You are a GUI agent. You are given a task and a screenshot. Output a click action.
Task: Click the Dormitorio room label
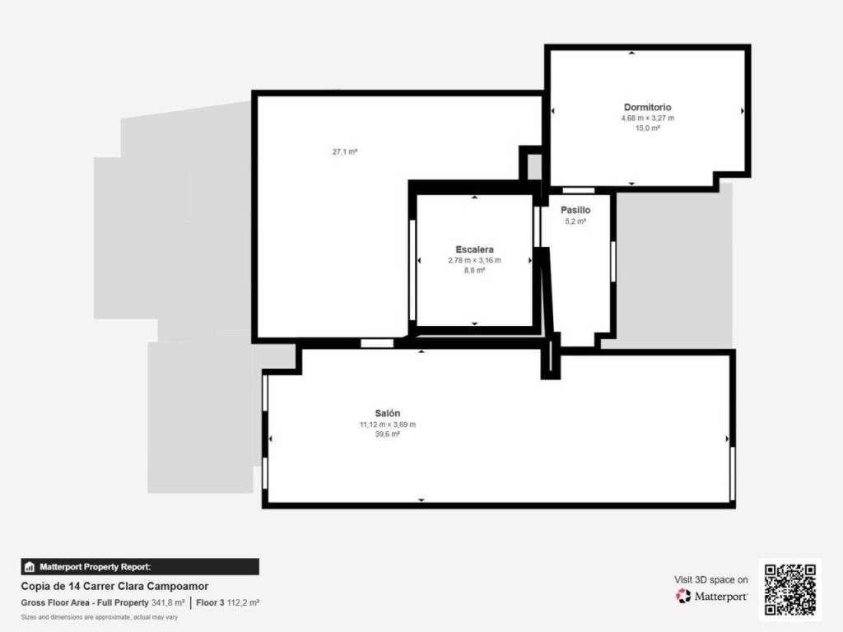point(647,108)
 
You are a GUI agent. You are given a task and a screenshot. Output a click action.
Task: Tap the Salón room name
point(388,413)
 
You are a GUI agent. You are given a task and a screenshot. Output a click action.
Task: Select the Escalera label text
point(475,249)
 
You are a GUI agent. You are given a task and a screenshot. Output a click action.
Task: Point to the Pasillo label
point(575,210)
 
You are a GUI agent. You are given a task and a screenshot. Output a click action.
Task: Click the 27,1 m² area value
point(345,152)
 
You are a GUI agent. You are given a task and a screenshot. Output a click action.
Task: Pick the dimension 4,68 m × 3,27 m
point(647,118)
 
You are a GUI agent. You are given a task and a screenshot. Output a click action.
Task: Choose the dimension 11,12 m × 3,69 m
point(388,425)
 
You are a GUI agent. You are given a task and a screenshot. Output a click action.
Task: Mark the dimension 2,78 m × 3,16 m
point(475,261)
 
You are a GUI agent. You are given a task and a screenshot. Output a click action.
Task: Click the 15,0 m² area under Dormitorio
point(647,128)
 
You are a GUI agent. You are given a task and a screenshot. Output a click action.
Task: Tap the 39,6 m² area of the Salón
point(388,434)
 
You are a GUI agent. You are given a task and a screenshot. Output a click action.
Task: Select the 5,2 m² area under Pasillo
point(575,221)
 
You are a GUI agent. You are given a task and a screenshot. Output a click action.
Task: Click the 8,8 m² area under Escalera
point(475,270)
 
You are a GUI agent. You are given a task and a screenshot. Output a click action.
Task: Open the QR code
point(789,589)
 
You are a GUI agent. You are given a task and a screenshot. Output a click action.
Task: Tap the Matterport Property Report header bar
point(140,567)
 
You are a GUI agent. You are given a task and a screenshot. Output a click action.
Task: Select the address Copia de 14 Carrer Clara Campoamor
point(114,586)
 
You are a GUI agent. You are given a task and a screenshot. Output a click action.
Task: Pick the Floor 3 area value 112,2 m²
point(243,603)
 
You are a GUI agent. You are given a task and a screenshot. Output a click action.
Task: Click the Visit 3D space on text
point(710,580)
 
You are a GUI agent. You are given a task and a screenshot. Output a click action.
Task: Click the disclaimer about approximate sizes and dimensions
point(100,617)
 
